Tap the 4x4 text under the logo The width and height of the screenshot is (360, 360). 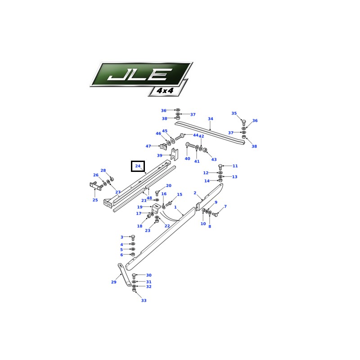click(x=165, y=90)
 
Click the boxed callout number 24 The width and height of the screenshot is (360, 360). click(x=138, y=166)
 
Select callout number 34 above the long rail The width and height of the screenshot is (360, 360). click(x=210, y=119)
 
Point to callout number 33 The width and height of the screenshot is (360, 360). click(x=144, y=300)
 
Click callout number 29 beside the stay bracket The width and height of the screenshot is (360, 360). click(x=114, y=282)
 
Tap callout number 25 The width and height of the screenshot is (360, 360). click(x=95, y=200)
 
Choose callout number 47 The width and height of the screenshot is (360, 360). click(x=148, y=146)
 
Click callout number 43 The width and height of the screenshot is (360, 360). click(x=214, y=159)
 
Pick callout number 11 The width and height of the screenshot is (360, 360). click(x=235, y=166)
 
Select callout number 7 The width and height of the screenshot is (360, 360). click(x=225, y=207)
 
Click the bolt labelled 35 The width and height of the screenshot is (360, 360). click(x=244, y=122)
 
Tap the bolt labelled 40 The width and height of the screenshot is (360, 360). click(x=190, y=145)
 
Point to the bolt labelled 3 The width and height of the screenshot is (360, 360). click(x=132, y=238)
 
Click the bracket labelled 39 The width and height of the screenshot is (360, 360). click(x=175, y=154)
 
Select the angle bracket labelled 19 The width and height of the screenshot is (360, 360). click(x=156, y=208)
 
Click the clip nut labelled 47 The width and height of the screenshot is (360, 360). click(x=163, y=146)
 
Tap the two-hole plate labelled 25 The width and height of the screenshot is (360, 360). click(x=96, y=186)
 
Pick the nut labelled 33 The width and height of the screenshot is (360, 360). click(x=134, y=290)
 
